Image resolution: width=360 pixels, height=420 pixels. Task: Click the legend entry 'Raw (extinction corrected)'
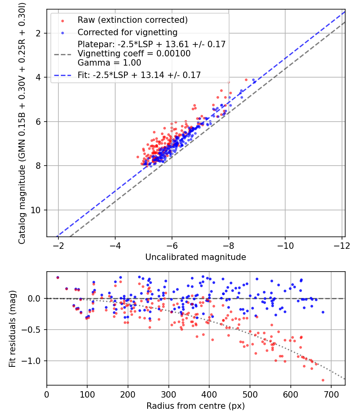point(132,20)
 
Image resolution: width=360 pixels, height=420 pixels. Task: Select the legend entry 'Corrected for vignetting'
point(128,32)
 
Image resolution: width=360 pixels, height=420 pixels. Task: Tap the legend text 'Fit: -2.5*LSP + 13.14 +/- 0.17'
point(139,74)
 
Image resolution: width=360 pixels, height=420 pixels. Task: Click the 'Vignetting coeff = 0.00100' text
point(134,54)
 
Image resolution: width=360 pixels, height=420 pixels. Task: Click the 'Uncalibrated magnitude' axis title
point(196,257)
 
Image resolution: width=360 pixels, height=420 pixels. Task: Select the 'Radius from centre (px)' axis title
point(196,406)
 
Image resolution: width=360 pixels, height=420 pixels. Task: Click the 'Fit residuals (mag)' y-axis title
point(12,328)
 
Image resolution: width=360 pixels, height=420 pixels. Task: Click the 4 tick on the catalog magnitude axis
point(39,77)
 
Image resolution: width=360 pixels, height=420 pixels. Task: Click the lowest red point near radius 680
point(323,380)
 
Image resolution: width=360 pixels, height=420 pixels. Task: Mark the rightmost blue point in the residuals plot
point(323,312)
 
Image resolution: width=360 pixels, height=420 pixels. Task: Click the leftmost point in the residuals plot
point(58,277)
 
